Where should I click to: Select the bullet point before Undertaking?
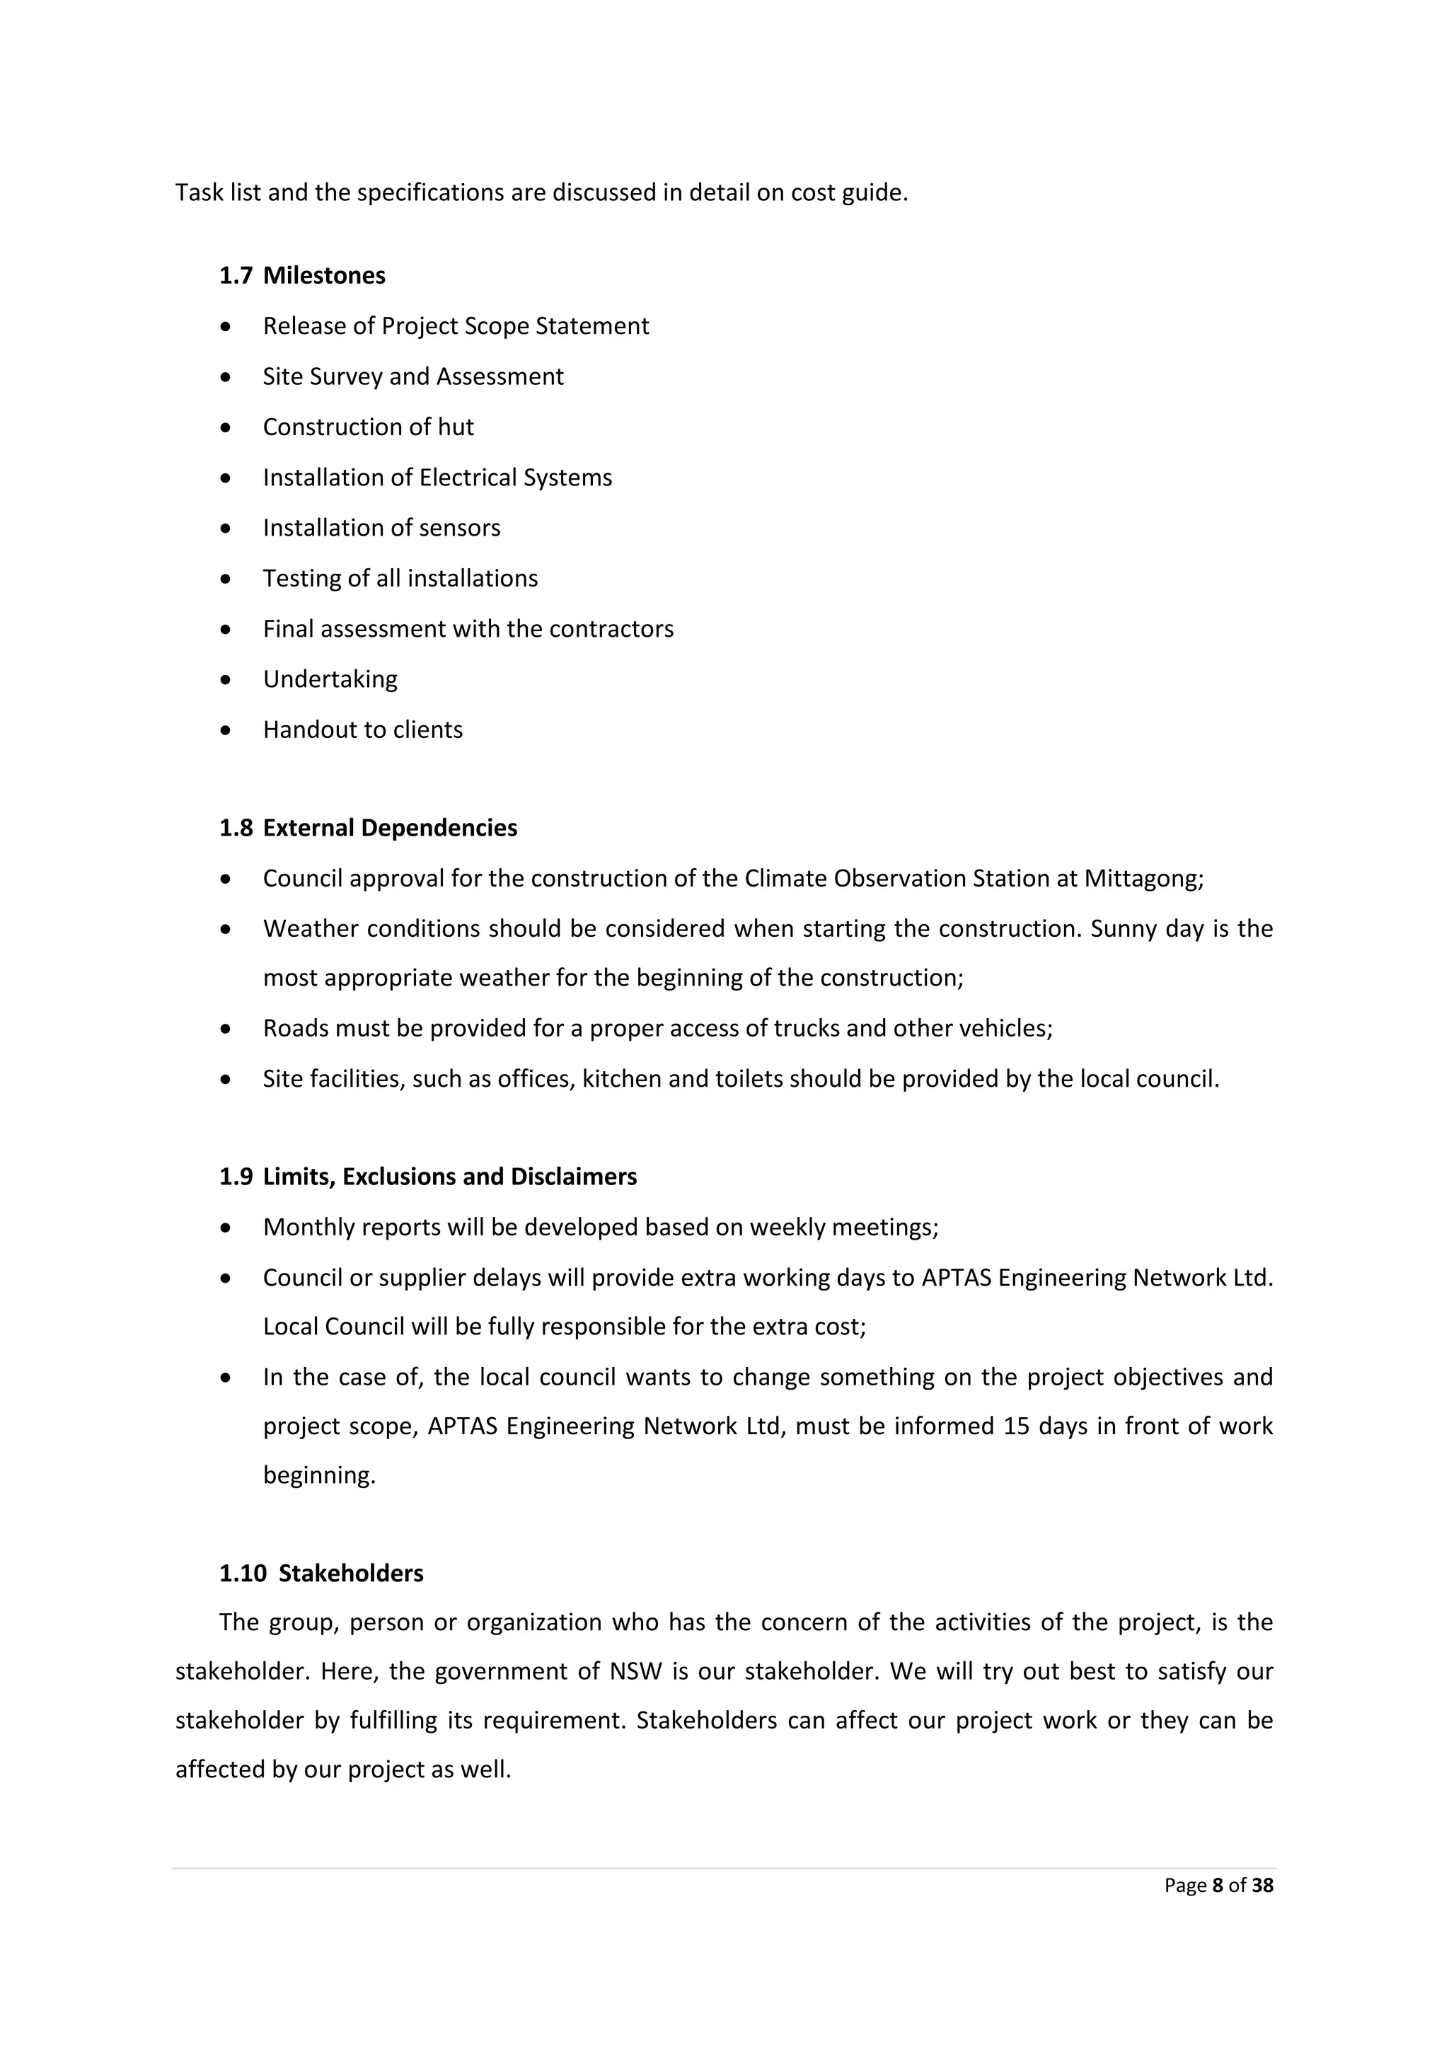[x=226, y=680]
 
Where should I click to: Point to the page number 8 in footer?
[x=1217, y=1885]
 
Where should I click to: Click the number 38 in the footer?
[x=1262, y=1885]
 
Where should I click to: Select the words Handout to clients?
[x=362, y=730]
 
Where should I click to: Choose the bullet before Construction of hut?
[x=226, y=427]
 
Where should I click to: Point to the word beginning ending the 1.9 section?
[x=318, y=1475]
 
